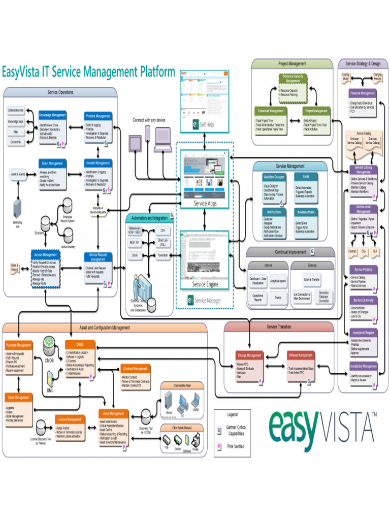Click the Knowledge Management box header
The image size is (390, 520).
pos(52,115)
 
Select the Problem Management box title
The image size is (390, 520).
pos(98,116)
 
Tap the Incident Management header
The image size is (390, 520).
pos(98,163)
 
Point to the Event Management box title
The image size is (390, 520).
pos(52,164)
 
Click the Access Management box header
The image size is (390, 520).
pos(46,255)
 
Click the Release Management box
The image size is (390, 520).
pos(301,355)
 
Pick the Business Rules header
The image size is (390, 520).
pos(305,212)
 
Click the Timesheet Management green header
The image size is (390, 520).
pos(270,111)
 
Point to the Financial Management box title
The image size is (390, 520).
pos(363,93)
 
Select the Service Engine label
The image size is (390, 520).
pos(205,284)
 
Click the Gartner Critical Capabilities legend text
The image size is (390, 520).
pos(236,431)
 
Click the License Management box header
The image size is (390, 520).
pos(70,419)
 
